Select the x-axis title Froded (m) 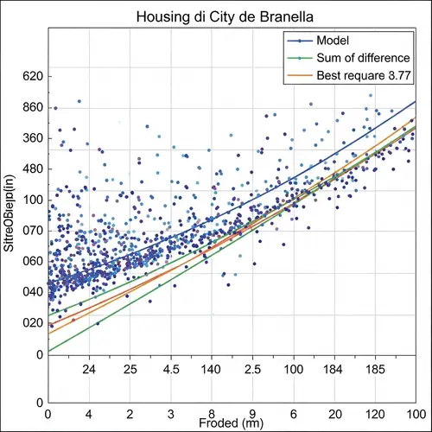(x=231, y=423)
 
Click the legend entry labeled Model (x=333, y=41)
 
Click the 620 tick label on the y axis (x=31, y=77)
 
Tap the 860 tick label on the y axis (x=31, y=108)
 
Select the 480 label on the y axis (x=31, y=169)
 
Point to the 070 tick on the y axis (x=31, y=231)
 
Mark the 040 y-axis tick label (x=31, y=292)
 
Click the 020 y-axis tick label (x=31, y=323)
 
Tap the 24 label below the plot (x=88, y=369)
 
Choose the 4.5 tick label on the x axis (x=171, y=369)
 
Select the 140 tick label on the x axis (x=212, y=369)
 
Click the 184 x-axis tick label (x=334, y=369)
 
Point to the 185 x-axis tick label (x=376, y=369)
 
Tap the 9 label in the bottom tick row (x=252, y=414)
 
